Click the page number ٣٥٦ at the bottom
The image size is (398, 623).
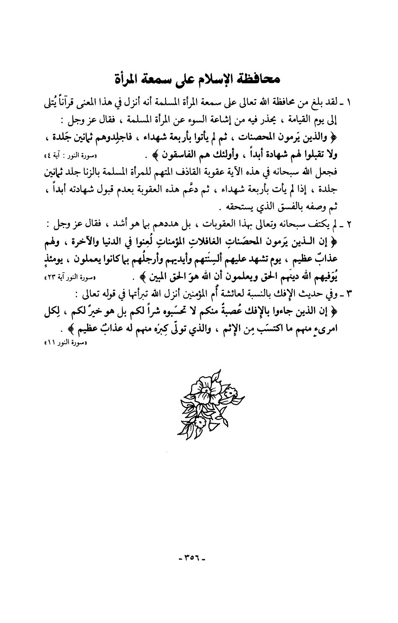[199, 559]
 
